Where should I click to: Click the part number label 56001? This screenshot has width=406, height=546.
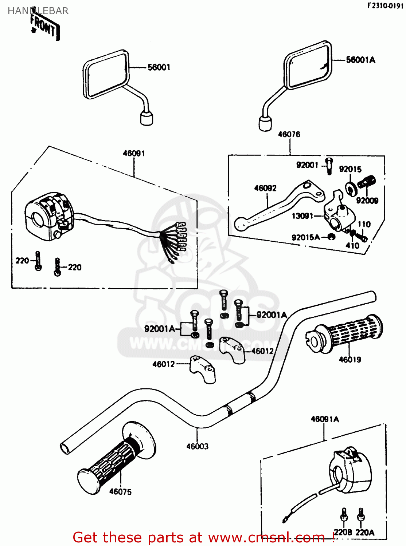coord(159,67)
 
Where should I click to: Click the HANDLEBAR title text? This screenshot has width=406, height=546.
coord(38,11)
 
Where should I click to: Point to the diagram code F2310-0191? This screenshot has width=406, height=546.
coord(385,6)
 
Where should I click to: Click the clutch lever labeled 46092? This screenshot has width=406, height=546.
coord(277,206)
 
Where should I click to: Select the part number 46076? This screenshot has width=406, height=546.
coord(289,134)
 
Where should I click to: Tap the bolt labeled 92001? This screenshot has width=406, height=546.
coord(329,166)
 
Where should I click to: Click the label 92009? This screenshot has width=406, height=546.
coord(367,201)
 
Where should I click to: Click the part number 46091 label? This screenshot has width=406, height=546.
coord(134,153)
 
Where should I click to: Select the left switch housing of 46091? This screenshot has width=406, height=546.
coord(49,217)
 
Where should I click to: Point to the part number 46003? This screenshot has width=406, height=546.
coord(197,446)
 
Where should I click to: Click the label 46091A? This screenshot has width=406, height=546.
coord(324,419)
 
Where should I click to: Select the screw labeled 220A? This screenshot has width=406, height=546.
coord(361,515)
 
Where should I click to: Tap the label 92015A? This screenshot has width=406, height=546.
coord(305,238)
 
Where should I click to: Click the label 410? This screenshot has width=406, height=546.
coord(352,246)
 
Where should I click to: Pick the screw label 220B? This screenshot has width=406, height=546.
coord(343,532)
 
